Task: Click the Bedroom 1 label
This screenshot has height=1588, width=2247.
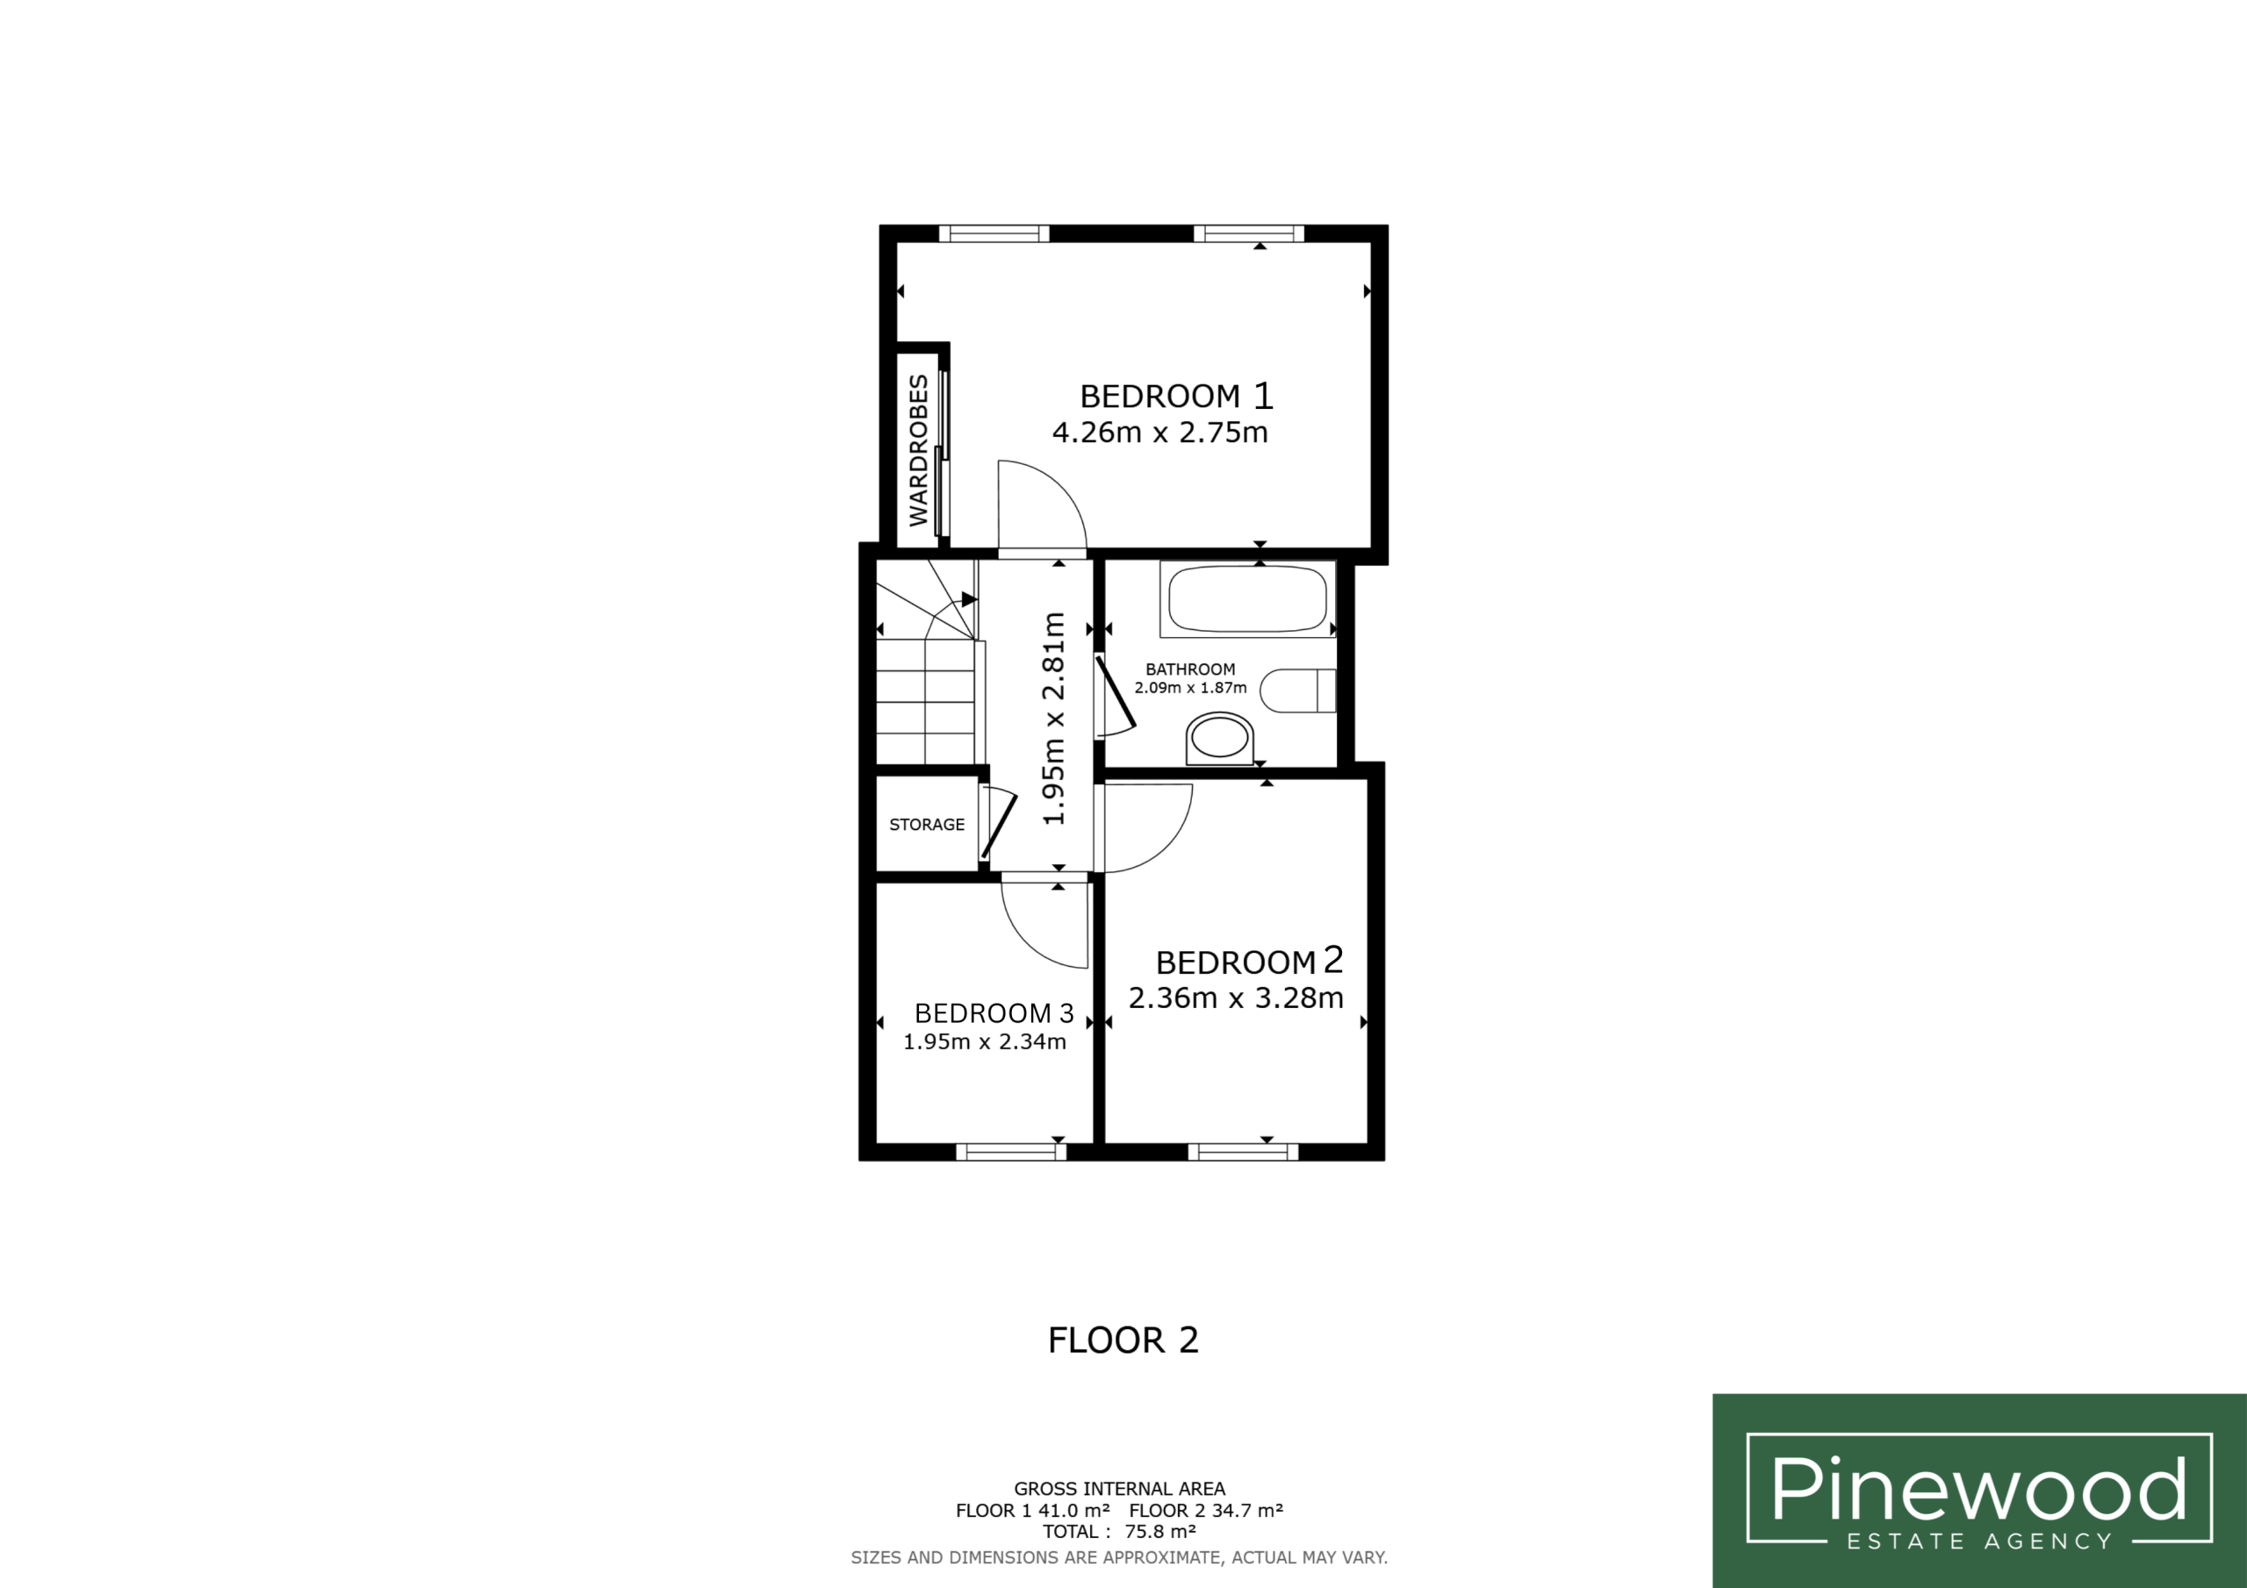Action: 1176,396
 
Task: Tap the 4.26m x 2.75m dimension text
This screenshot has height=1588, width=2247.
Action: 1159,433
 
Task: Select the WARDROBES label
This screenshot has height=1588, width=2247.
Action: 918,450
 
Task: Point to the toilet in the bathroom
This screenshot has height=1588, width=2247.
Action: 1297,690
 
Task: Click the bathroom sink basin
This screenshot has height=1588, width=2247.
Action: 1219,739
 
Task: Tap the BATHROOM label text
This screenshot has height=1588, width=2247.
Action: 1190,669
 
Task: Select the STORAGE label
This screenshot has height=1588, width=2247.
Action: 927,825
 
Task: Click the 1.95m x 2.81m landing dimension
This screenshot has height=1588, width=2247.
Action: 1053,719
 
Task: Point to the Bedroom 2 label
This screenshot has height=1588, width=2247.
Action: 1250,961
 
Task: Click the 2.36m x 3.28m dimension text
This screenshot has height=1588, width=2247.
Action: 1236,998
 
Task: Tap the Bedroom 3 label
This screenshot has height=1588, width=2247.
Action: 994,1012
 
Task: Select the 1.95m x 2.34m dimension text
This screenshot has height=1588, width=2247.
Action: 985,1042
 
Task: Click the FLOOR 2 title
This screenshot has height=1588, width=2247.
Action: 1123,1341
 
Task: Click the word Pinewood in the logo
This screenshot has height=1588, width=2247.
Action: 1978,1489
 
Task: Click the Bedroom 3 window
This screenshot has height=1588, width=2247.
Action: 1011,1152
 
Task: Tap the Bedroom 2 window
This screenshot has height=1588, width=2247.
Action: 1243,1152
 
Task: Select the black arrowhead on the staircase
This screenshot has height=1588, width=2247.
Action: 970,599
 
